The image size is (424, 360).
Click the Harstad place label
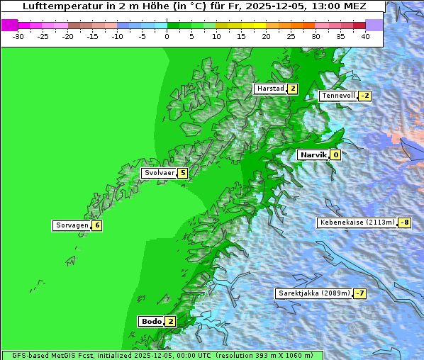click(x=270, y=89)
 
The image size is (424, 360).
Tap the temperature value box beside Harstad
click(x=292, y=89)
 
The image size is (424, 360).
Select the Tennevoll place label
click(x=337, y=96)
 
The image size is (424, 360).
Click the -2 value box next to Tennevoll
click(x=364, y=96)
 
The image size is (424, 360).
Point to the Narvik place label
click(x=312, y=154)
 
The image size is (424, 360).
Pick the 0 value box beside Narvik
click(x=335, y=154)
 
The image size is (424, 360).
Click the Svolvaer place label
click(x=159, y=173)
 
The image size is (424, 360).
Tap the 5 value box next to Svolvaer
click(x=182, y=173)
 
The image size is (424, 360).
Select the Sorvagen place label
click(x=72, y=225)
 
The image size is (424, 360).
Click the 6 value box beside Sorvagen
click(x=96, y=225)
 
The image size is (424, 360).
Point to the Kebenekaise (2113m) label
click(x=357, y=223)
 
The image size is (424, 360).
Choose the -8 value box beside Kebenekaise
click(x=404, y=223)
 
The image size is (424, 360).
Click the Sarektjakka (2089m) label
click(x=313, y=293)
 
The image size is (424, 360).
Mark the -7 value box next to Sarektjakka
click(x=360, y=293)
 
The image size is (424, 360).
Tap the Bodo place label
click(x=151, y=321)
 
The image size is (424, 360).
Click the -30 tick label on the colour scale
click(x=18, y=35)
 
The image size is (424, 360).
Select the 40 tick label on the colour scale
click(x=365, y=35)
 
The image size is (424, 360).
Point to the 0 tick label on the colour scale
click(x=167, y=35)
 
